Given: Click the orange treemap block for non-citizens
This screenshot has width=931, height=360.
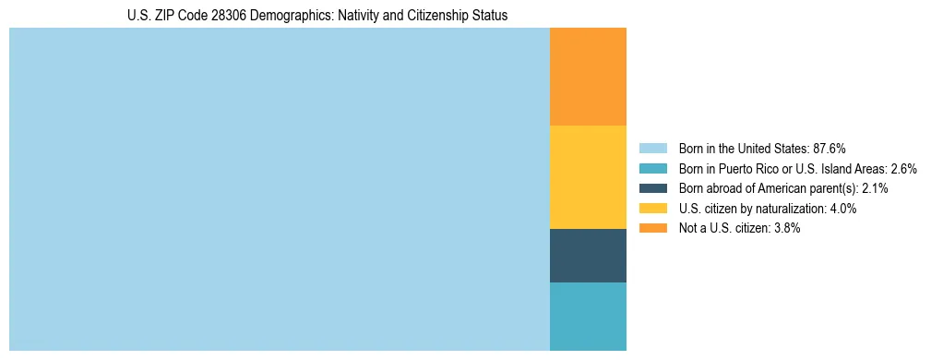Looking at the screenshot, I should [588, 77].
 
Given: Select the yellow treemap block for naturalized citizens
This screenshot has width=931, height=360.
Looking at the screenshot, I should [588, 176].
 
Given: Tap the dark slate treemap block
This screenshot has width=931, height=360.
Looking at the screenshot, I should [588, 256].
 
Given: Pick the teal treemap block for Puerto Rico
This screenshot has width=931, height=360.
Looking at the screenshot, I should [588, 317].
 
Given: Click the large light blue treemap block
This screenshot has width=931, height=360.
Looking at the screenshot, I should [279, 189].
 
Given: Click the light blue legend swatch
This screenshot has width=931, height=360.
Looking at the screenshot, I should [652, 148].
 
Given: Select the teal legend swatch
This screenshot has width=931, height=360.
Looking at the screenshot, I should [652, 168].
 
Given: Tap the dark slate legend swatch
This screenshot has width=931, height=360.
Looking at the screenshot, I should [652, 188].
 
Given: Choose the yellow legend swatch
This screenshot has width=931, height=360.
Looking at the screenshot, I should [652, 209].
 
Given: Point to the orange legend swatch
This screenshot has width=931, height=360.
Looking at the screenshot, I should [652, 228].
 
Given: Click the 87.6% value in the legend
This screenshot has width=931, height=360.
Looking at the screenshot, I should [829, 148].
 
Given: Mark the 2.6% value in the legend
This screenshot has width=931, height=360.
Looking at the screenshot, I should [904, 168].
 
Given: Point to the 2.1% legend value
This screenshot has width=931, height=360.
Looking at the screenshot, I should [875, 188].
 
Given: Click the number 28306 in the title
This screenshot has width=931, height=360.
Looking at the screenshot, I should [211, 16].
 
